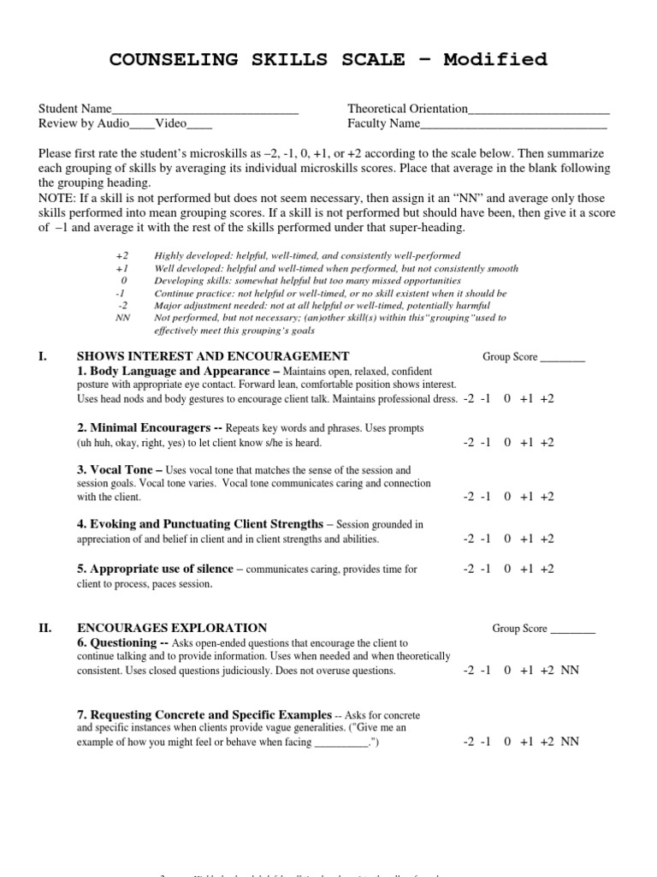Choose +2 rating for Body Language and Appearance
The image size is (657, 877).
pyautogui.click(x=547, y=399)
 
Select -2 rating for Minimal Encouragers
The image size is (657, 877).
pyautogui.click(x=468, y=443)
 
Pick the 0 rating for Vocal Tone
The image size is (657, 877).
pyautogui.click(x=507, y=497)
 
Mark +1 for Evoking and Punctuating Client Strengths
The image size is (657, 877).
pyautogui.click(x=526, y=540)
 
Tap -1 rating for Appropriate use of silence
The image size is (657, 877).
pyautogui.click(x=486, y=569)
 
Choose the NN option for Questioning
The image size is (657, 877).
pyautogui.click(x=570, y=671)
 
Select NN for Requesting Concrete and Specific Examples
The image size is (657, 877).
pyautogui.click(x=570, y=742)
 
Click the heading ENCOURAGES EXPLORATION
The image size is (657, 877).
pyautogui.click(x=172, y=628)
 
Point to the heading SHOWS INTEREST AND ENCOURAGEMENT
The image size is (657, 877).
pyautogui.click(x=213, y=356)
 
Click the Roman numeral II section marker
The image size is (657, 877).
pyautogui.click(x=45, y=628)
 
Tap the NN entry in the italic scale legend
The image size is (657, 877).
pyautogui.click(x=123, y=318)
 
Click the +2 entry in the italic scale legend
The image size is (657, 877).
pyautogui.click(x=123, y=256)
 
